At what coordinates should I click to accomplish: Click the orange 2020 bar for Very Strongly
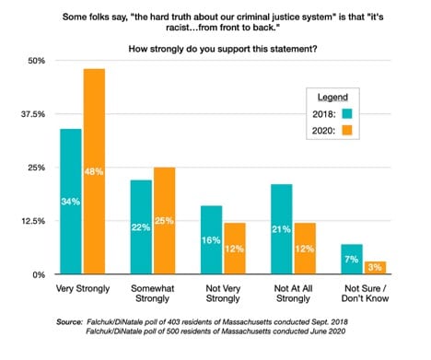point(95,171)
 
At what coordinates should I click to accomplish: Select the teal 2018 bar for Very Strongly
point(71,202)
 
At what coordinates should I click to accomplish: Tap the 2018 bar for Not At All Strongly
point(282,229)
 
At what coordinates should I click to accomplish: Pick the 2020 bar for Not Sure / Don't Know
point(375,268)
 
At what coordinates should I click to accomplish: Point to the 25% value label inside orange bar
point(164,221)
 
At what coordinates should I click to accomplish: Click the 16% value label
point(211,240)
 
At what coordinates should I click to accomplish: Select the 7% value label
point(352,260)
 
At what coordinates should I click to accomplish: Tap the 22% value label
point(141,227)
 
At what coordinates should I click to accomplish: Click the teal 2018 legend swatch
point(347,114)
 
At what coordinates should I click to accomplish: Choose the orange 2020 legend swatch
point(347,131)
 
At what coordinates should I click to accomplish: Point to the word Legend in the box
point(332,98)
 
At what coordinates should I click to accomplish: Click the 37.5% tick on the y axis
point(33,114)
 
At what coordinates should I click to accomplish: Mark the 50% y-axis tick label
point(37,61)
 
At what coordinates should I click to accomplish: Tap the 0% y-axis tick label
point(39,274)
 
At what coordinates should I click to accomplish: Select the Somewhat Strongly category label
point(153,294)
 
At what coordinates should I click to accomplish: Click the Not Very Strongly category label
point(223,294)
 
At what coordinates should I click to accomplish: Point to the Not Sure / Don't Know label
point(366,294)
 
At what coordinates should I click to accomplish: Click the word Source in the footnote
point(69,322)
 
